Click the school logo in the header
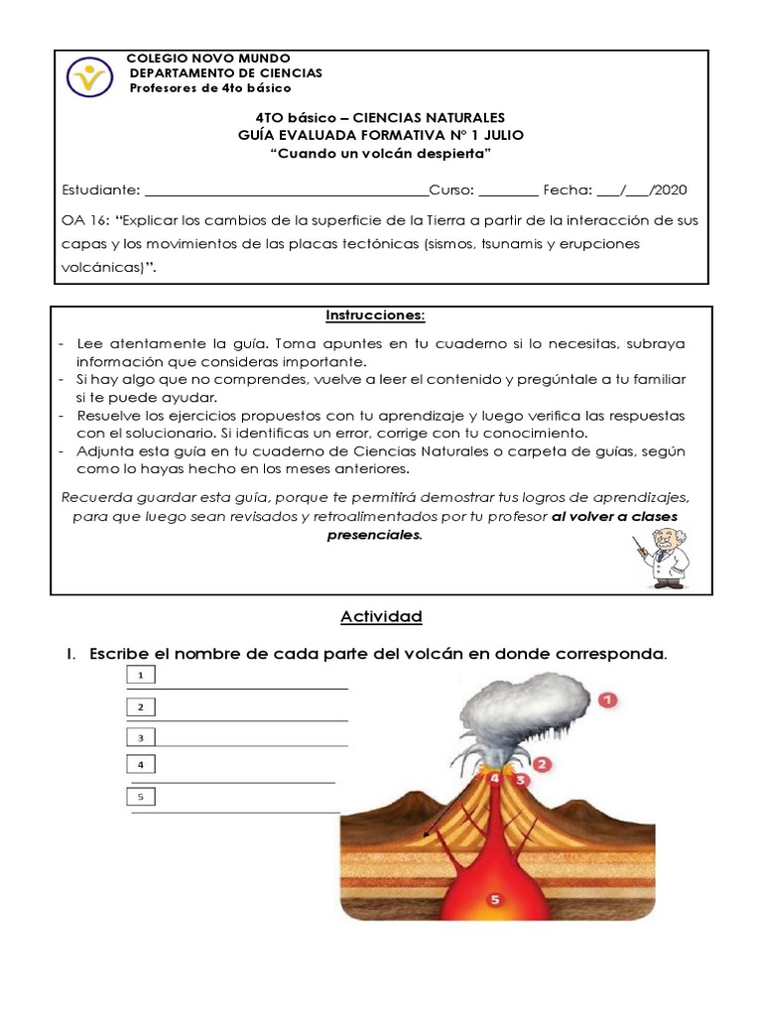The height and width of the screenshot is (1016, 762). [x=90, y=75]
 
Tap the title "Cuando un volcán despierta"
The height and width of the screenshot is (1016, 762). [x=381, y=154]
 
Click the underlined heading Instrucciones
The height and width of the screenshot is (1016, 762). [x=376, y=316]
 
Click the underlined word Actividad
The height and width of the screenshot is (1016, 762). [x=381, y=617]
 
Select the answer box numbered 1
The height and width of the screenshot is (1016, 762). [x=142, y=676]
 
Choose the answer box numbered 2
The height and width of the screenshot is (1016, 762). [x=142, y=706]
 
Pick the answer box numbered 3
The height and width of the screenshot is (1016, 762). [x=142, y=737]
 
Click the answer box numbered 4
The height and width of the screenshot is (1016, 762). [x=142, y=765]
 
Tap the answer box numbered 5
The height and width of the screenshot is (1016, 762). [x=142, y=796]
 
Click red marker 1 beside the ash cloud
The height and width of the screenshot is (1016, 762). [x=607, y=700]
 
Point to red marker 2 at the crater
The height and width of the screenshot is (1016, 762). [x=542, y=764]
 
